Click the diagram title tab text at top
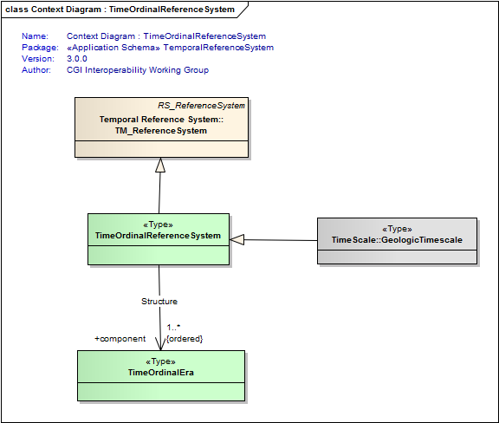pyautogui.click(x=120, y=10)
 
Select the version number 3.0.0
pyautogui.click(x=77, y=59)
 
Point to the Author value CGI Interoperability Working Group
pyautogui.click(x=138, y=69)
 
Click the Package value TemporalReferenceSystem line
pyautogui.click(x=171, y=48)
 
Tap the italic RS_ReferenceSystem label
pyautogui.click(x=202, y=106)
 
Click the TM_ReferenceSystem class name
pyautogui.click(x=161, y=131)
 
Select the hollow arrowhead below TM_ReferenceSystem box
pyautogui.click(x=160, y=165)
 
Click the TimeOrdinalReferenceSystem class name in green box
pyautogui.click(x=158, y=236)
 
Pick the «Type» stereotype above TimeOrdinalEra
pyautogui.click(x=160, y=361)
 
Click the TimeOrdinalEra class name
pyautogui.click(x=161, y=373)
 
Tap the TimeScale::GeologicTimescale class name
pyautogui.click(x=397, y=240)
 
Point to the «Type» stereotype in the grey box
pyautogui.click(x=397, y=229)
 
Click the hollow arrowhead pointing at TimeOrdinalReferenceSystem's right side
pyautogui.click(x=237, y=239)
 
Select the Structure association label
pyautogui.click(x=159, y=302)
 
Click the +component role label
pyautogui.click(x=120, y=339)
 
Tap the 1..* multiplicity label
pyautogui.click(x=173, y=327)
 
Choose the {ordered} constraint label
pyautogui.click(x=185, y=339)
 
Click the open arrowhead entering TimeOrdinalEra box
pyautogui.click(x=160, y=344)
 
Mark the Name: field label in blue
pyautogui.click(x=35, y=36)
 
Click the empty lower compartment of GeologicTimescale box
pyautogui.click(x=397, y=257)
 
